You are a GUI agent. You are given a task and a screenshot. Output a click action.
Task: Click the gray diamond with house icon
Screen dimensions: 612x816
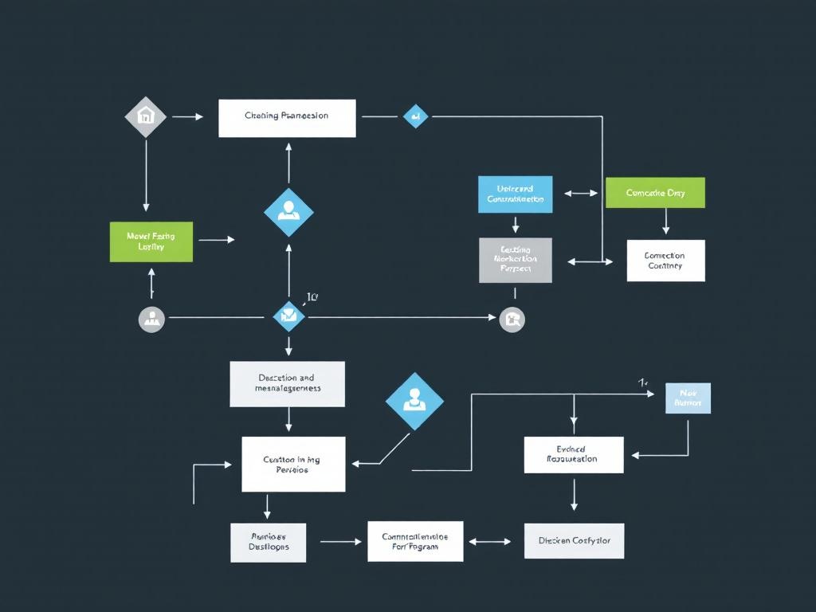pos(146,116)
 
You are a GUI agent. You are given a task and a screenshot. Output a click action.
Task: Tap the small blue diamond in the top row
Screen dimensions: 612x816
pos(415,116)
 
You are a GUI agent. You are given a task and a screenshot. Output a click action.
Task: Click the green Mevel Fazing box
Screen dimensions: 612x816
pos(151,241)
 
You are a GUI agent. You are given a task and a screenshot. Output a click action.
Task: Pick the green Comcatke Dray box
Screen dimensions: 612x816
pos(655,193)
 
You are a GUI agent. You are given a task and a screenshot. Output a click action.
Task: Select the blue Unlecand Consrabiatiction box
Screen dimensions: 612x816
pos(515,194)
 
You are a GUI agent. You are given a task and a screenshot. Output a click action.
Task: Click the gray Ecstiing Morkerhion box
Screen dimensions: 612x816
pos(515,260)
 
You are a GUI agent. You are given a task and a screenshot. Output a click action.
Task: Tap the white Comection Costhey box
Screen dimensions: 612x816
pos(665,261)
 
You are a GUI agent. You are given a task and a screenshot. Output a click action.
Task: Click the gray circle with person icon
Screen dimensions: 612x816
pos(151,319)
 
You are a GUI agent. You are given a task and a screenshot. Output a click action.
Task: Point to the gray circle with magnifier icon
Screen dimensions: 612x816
pos(512,319)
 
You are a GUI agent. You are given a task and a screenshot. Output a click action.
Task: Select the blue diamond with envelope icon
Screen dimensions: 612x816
pos(288,316)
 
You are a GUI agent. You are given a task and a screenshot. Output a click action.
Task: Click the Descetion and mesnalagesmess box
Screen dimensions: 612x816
pos(288,383)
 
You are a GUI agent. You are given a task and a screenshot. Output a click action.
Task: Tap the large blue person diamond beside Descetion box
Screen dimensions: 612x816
pos(414,401)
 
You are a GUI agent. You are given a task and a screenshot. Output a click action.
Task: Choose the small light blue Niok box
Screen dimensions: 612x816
pos(688,398)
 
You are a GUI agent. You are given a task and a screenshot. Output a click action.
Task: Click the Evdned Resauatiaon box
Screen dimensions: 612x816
pos(573,454)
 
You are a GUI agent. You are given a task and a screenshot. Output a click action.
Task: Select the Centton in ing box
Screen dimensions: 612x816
pos(293,464)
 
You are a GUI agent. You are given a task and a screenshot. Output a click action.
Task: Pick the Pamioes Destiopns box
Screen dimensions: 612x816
pos(269,543)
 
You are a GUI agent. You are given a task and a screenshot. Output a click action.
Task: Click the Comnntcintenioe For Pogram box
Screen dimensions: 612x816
pos(415,542)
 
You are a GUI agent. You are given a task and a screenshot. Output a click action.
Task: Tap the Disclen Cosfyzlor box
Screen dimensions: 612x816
pos(574,541)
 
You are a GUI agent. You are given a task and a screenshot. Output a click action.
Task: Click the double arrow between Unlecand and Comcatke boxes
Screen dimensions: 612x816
pos(581,193)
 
